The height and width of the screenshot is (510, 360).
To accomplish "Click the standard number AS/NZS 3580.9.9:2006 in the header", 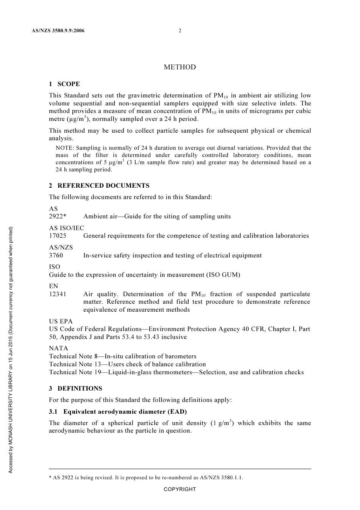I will pos(58,31).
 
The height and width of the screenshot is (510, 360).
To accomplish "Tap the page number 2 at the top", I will pos(180,31).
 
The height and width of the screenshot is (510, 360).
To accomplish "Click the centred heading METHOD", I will pos(180,67).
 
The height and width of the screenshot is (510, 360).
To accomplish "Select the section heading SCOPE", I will pos(69,84).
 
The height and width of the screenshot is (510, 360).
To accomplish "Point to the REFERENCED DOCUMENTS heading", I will pos(103,186).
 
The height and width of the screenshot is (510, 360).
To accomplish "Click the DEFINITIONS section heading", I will pos(80,389).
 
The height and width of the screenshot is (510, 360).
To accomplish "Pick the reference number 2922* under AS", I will pos(58,217).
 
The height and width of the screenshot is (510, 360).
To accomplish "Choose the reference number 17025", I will pos(58,236).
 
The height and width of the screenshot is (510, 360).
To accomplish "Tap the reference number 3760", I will pos(56,256).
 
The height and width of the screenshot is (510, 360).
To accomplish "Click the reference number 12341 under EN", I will pos(58,294).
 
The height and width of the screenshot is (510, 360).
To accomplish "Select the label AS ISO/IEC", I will pos(67,228).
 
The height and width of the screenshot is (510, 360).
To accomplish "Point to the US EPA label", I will pos(61,322).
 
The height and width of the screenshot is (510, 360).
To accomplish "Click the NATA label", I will pos(58,348).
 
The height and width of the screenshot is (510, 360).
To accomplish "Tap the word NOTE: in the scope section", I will pos(65,148).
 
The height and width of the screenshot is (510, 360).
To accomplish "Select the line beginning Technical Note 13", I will pos(127,364).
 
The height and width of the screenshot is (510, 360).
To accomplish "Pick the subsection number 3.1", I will pos(53,412).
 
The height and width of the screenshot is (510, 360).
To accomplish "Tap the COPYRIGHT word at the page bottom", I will pos(180,490).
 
